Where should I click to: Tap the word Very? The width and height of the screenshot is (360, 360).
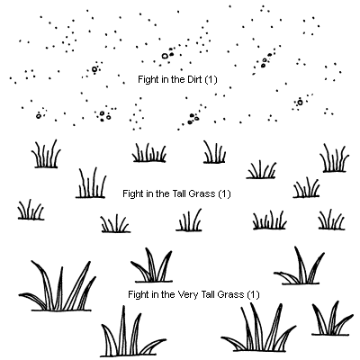(x=188, y=294)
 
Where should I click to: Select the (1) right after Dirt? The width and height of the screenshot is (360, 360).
(x=211, y=80)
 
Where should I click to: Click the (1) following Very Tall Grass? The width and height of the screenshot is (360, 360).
(x=253, y=295)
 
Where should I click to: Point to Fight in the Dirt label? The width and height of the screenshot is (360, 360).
(x=177, y=80)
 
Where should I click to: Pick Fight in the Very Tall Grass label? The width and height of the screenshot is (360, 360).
(x=193, y=294)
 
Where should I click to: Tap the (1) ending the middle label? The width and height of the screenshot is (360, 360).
(x=224, y=194)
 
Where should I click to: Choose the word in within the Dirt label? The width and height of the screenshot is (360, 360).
(x=157, y=79)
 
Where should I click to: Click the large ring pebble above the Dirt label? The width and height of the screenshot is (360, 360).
(x=165, y=56)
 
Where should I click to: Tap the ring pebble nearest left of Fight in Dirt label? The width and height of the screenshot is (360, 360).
(x=94, y=69)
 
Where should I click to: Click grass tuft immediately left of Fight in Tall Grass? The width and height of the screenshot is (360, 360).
(x=91, y=183)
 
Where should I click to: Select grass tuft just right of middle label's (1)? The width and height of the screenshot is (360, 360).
(x=306, y=188)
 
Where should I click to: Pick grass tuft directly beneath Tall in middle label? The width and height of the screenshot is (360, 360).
(x=189, y=220)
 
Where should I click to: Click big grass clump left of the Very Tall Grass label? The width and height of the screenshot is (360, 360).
(x=57, y=286)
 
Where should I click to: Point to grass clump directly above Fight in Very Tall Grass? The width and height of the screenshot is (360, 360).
(x=152, y=265)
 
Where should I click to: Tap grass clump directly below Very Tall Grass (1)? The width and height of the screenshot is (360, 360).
(x=258, y=328)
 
